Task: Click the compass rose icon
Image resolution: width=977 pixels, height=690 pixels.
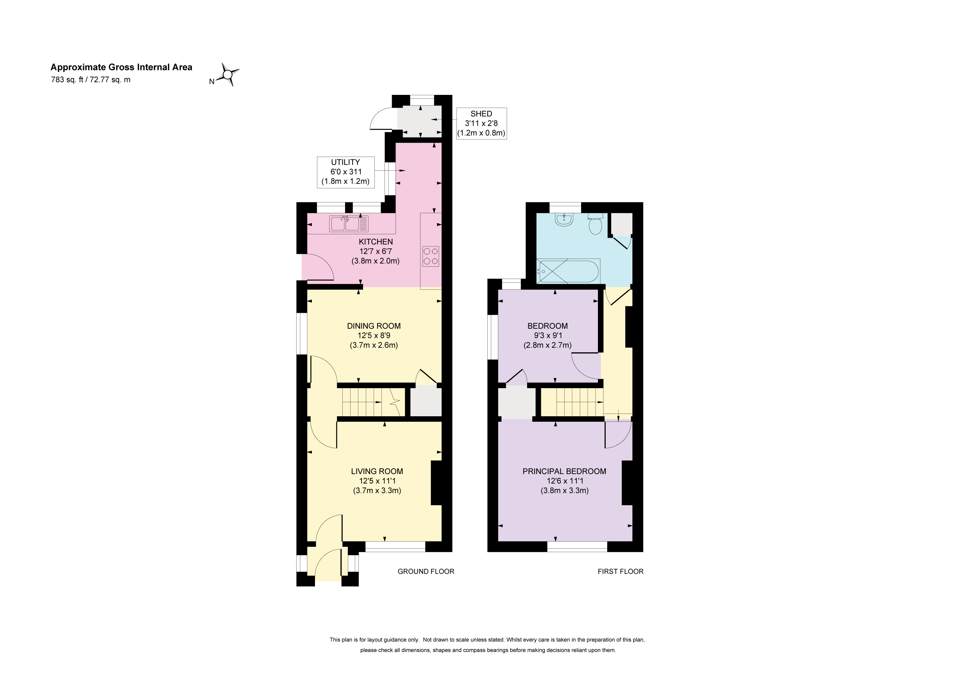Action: coord(228,75)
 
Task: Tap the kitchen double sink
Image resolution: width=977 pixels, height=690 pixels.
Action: coord(349,224)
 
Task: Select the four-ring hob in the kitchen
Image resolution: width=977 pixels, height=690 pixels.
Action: coord(431,257)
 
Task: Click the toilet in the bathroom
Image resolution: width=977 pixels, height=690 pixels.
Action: coord(595,224)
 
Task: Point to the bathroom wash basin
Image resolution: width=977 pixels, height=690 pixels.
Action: coord(564,219)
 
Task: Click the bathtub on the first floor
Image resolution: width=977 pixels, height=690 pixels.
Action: coord(569,271)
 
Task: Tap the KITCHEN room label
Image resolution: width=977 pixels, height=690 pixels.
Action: coord(376,241)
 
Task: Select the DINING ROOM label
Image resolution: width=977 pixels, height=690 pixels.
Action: coord(374,326)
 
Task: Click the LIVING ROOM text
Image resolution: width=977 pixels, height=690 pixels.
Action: coord(377,471)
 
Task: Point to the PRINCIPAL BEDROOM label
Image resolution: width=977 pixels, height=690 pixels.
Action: coord(564,471)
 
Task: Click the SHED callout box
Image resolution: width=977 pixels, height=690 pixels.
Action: coord(481,123)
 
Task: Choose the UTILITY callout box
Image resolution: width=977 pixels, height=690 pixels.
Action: coord(345,172)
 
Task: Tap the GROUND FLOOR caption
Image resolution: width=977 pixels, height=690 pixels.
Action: coord(426,571)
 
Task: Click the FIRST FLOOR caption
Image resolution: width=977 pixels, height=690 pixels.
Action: coord(621,571)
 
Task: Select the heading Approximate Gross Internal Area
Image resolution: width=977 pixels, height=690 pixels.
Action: coord(121,67)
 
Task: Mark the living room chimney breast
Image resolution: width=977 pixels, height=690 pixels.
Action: coord(437,483)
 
